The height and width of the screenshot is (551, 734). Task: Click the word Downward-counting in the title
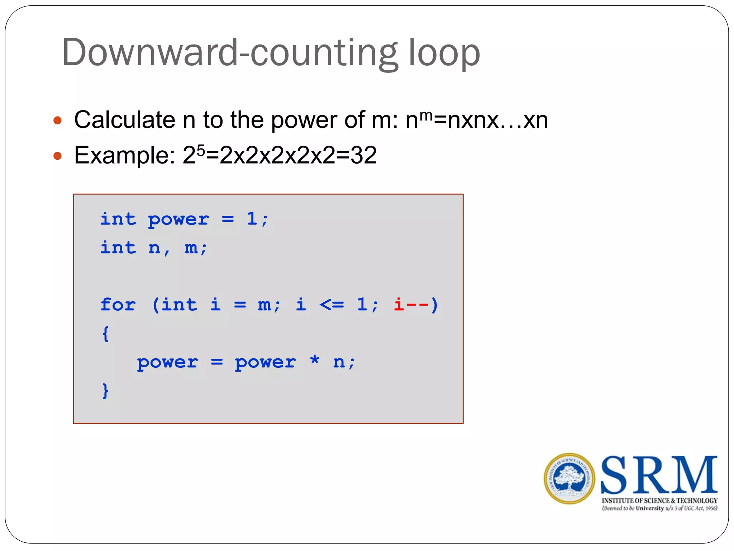[x=229, y=53]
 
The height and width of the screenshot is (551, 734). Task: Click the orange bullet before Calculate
[x=57, y=120]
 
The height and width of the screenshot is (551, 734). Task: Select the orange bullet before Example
[x=57, y=156]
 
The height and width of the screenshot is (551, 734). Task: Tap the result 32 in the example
[x=363, y=155]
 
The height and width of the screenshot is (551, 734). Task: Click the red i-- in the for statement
[x=411, y=305]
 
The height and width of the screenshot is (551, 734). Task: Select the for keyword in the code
[x=118, y=305]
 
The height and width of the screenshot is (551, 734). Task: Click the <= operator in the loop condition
[x=332, y=305]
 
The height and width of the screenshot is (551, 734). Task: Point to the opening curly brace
[x=105, y=334]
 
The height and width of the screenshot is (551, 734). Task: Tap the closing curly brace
[x=105, y=391]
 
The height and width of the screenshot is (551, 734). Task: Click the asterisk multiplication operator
[x=314, y=360]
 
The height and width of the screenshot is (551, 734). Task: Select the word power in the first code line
[x=178, y=220]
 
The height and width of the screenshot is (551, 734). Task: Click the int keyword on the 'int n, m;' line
[x=118, y=248]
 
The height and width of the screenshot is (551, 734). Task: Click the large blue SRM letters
[x=659, y=475]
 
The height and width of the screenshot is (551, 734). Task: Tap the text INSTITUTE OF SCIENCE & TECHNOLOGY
[x=659, y=500]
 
